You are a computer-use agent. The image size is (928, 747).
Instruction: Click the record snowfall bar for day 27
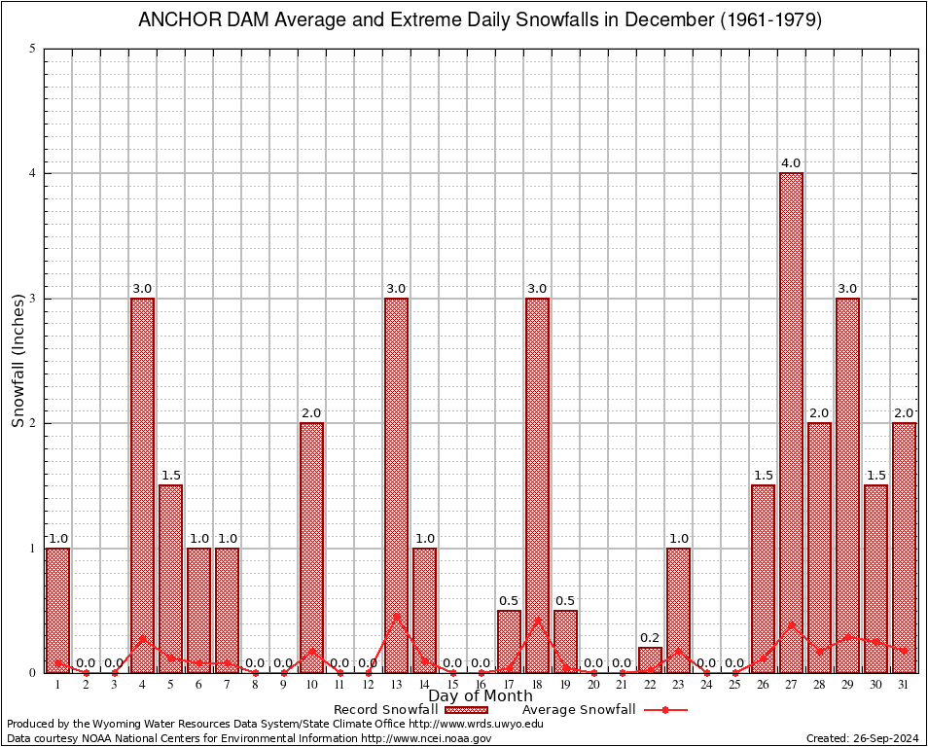coord(791,423)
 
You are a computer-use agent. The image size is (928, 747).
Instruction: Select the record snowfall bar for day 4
coord(142,485)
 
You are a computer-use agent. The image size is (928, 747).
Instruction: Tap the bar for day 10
coord(311,548)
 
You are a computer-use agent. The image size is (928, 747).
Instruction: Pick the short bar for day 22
coord(650,660)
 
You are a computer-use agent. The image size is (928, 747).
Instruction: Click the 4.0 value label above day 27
coord(791,162)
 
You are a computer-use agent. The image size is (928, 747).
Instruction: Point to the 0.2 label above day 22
coord(650,637)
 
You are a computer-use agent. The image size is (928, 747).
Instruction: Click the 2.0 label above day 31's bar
coord(904,412)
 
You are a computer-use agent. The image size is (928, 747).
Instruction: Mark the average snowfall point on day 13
coord(396,616)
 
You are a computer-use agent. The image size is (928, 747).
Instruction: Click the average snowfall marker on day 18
coord(537,620)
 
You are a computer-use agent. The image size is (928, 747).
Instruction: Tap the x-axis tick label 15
coord(452,686)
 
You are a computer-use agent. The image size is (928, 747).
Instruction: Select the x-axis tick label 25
coord(734,686)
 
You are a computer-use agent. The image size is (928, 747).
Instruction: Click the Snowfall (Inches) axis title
coord(18,361)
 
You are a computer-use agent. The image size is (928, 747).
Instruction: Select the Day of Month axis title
coord(481,696)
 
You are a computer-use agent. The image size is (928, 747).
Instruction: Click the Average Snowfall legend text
coord(578,710)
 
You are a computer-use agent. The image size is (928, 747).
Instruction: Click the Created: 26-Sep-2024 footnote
coord(863,739)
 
